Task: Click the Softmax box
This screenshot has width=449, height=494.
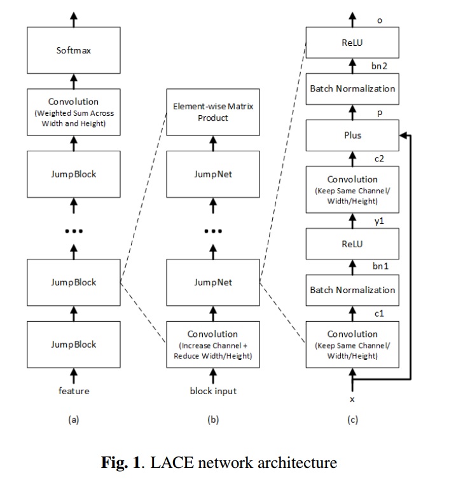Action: [x=74, y=50]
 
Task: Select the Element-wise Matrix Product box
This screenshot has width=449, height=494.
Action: [x=213, y=112]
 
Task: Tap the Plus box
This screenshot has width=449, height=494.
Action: [x=352, y=135]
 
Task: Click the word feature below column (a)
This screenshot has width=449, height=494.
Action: [x=74, y=391]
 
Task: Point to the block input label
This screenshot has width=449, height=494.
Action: [x=213, y=391]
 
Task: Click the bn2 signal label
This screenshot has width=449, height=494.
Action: [x=379, y=66]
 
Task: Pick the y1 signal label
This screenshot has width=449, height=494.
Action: [x=379, y=221]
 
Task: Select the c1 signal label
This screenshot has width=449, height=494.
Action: [x=379, y=313]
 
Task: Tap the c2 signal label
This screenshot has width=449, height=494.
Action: [x=379, y=159]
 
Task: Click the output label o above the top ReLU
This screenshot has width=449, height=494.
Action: [x=380, y=21]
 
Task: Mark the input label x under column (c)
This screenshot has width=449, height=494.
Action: [x=352, y=399]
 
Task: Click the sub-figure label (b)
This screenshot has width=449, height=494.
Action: [x=213, y=420]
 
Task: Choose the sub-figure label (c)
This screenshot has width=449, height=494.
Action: [x=352, y=420]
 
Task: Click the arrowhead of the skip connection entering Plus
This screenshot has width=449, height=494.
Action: [x=402, y=135]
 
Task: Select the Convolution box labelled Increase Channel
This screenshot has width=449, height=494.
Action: [x=213, y=345]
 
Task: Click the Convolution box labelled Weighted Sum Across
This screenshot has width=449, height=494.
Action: [x=74, y=112]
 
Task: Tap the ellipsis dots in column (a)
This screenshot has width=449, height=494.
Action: [x=74, y=231]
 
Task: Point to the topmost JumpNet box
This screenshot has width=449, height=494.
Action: [x=213, y=174]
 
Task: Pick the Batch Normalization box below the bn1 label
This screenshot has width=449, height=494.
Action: [x=352, y=290]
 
